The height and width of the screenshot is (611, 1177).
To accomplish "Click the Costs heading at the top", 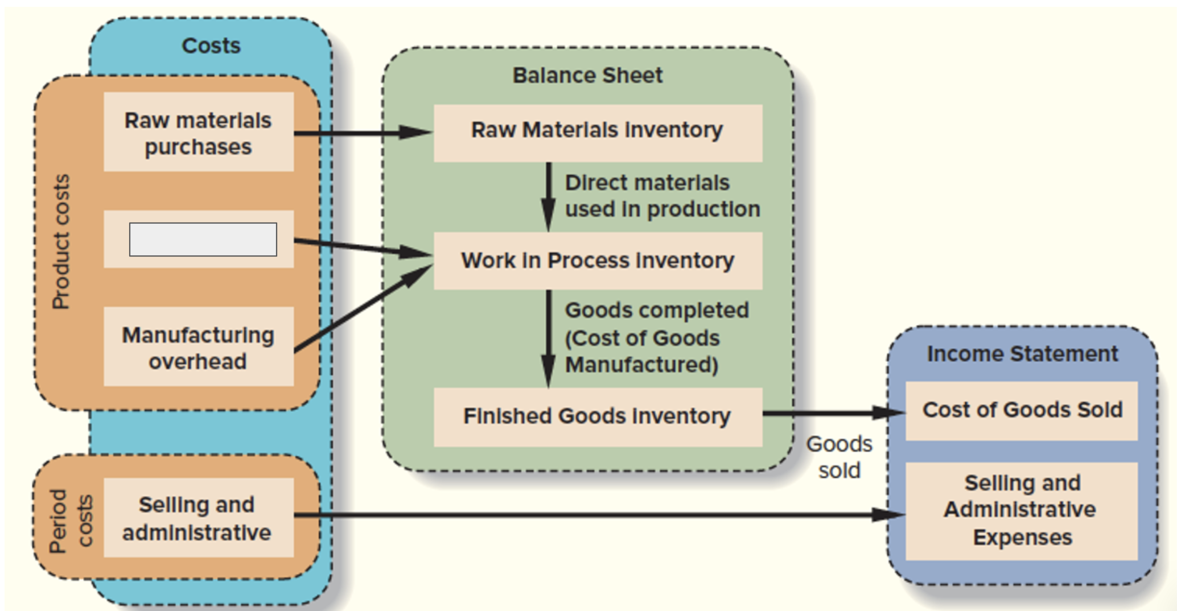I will click(211, 46).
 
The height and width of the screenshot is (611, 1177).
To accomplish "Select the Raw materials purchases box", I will click(198, 133).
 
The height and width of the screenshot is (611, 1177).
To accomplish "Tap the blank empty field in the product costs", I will click(203, 240).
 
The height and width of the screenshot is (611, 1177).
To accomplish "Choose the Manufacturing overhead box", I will click(198, 348).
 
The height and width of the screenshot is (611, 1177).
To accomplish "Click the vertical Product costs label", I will click(61, 242).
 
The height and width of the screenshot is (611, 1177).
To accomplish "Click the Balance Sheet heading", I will click(587, 75).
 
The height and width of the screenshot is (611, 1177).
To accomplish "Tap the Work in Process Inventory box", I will click(598, 261).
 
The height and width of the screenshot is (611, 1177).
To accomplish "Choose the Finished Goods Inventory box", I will click(598, 416).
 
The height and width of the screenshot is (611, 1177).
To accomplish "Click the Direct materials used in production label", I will click(662, 196).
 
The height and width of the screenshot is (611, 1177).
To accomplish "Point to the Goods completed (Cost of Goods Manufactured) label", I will click(656, 337).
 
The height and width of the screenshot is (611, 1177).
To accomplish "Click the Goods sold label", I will click(839, 457).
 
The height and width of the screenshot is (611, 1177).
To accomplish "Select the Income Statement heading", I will click(1022, 354).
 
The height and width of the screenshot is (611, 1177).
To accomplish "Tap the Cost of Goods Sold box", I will click(1022, 410).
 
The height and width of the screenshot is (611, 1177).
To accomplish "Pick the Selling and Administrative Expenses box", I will click(1021, 510).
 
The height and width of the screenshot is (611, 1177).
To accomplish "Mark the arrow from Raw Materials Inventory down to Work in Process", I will click(549, 196).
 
